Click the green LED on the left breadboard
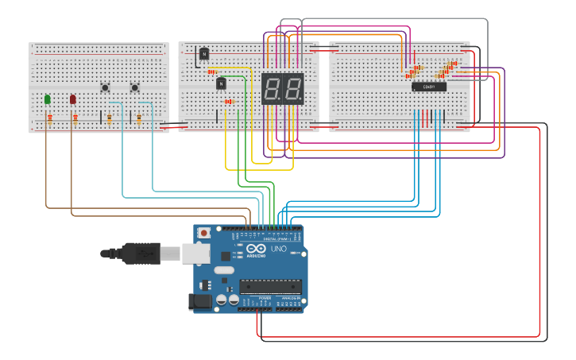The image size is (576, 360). (x=48, y=99)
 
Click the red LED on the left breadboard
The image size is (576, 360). (x=73, y=99)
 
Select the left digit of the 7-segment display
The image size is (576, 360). (x=272, y=87)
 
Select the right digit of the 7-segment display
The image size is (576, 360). (x=292, y=87)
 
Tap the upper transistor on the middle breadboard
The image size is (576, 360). (x=204, y=53)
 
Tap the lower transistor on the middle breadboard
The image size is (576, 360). (x=222, y=83)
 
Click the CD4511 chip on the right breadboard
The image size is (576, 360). (x=429, y=87)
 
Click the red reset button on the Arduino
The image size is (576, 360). (x=204, y=233)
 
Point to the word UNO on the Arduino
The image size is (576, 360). (x=279, y=250)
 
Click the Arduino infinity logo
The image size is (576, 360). (x=256, y=249)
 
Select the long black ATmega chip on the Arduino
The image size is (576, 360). (x=270, y=286)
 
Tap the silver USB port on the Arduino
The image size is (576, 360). (x=195, y=254)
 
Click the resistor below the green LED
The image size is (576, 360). (x=50, y=119)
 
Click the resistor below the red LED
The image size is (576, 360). (x=75, y=119)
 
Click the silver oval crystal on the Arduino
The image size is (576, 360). (x=224, y=270)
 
